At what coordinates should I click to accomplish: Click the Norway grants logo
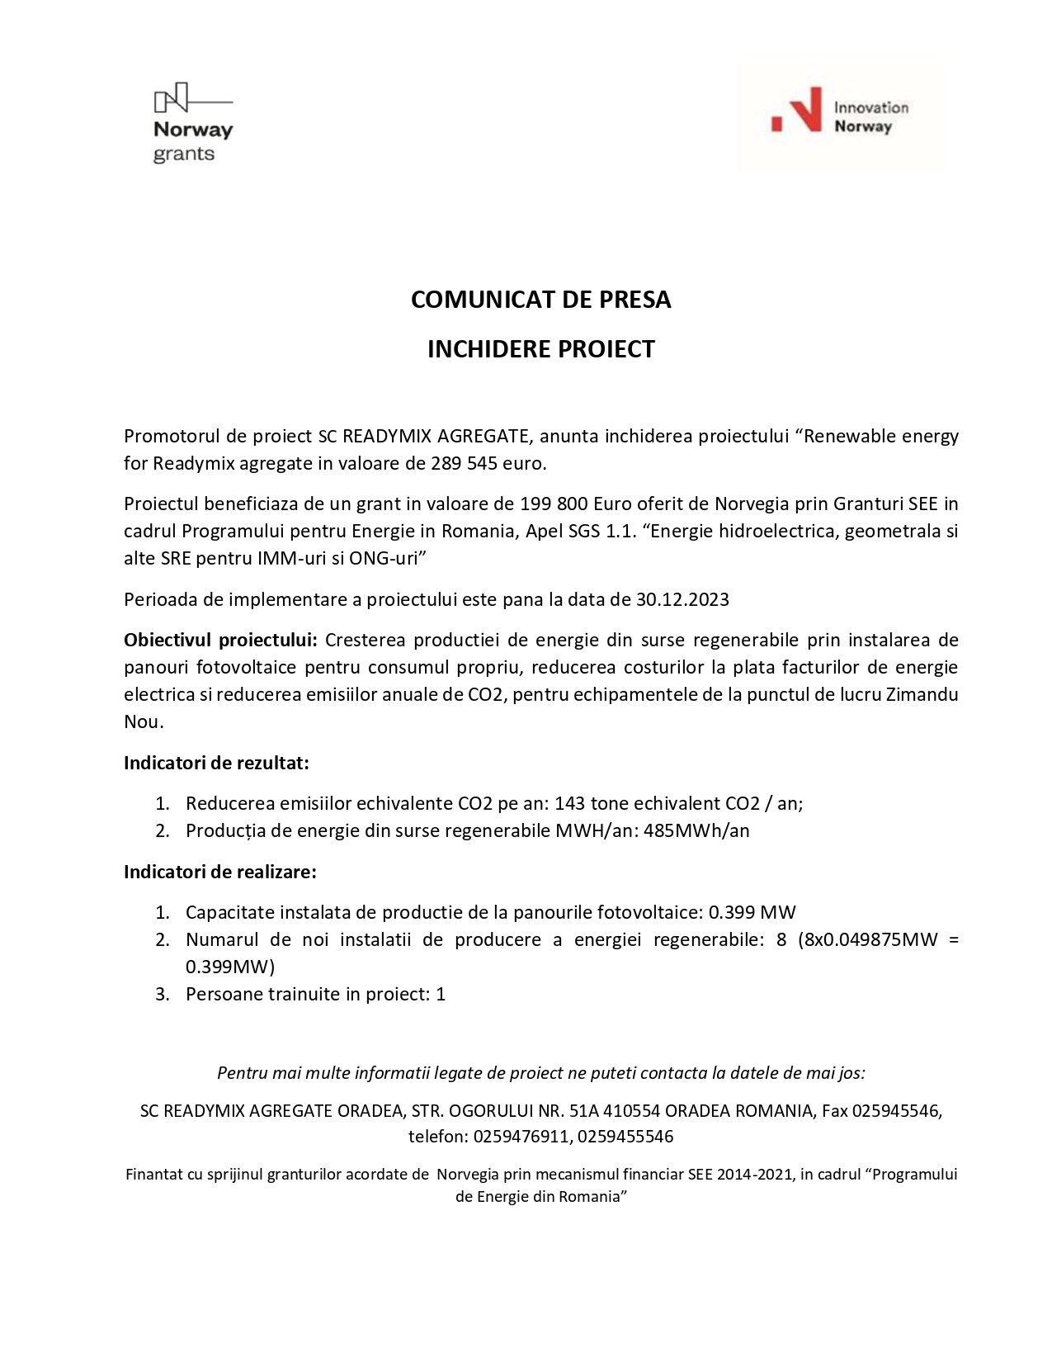[x=193, y=124]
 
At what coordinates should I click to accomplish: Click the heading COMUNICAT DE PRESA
[x=540, y=300]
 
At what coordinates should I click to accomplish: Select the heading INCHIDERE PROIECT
[x=540, y=349]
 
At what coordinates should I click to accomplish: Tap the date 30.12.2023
[x=682, y=599]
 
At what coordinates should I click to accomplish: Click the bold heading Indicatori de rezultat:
[x=216, y=763]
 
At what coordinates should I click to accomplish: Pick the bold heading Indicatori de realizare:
[x=220, y=872]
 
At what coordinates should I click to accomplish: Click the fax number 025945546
[x=895, y=1111]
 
